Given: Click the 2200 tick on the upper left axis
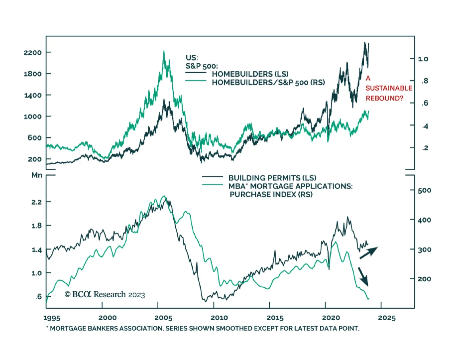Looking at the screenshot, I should pos(33,53).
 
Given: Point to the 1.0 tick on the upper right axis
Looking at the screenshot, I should pos(423,59).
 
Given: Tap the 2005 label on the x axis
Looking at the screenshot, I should pos(163,318).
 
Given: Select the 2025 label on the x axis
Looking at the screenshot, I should pos(386,318).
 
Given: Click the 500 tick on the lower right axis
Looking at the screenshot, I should pos(424,190).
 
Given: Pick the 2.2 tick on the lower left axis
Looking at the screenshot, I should pos(37,202).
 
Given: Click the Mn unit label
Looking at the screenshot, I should pos(37,175).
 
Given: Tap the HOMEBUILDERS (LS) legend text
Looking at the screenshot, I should pos(250,74).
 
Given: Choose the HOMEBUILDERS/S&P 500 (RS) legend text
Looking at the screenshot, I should pos(268,83).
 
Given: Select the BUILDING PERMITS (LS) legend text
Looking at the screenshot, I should pos(272,178).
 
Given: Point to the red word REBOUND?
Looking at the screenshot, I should pos(384,98).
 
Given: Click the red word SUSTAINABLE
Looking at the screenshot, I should pos(389,88).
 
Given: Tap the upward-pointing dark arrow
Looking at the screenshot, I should pos(369,253).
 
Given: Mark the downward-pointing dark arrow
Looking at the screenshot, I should pos(363,277).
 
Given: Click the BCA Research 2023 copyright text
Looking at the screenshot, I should pos(105,294).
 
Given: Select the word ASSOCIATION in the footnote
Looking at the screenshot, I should pos(141,328).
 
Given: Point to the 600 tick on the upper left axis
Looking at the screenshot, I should pos(34,138).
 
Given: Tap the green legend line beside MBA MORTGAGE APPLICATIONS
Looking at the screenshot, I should pos(213,185).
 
